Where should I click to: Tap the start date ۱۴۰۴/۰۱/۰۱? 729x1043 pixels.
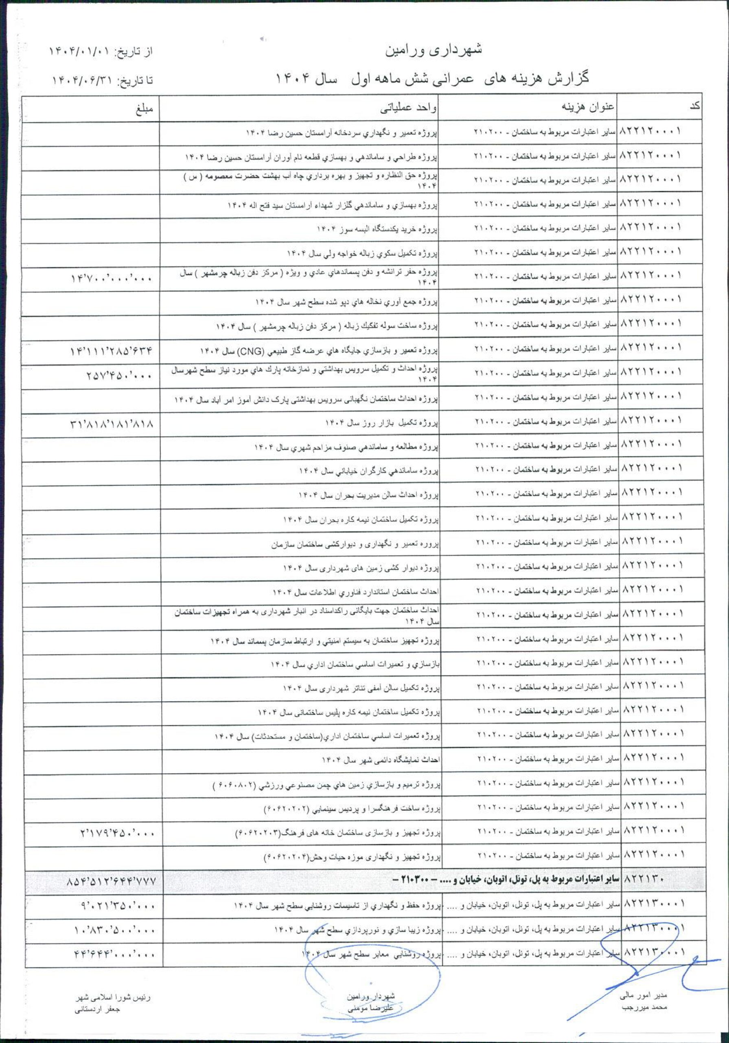pos(80,52)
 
